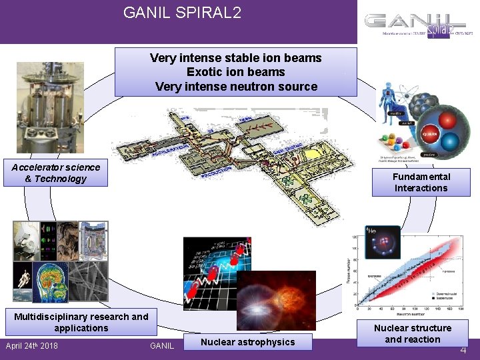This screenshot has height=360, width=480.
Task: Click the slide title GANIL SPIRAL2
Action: click(x=182, y=13)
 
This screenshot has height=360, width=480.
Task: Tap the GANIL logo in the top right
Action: click(x=418, y=26)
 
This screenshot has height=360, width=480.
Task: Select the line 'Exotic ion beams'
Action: click(x=235, y=72)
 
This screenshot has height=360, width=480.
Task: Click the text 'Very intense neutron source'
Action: click(x=235, y=86)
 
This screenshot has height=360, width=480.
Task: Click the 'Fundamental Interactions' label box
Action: click(x=421, y=183)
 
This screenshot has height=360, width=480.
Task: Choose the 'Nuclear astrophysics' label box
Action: click(x=247, y=342)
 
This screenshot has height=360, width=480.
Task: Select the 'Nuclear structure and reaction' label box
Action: click(x=412, y=333)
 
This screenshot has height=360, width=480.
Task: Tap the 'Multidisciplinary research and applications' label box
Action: click(x=81, y=322)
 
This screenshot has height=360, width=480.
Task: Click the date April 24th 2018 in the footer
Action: click(x=31, y=346)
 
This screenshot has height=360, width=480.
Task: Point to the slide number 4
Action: click(x=463, y=349)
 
